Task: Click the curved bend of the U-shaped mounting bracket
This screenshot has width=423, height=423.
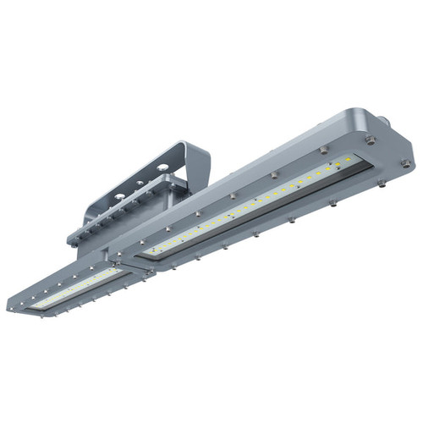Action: [198, 155]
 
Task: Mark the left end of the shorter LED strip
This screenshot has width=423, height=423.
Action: [34, 302]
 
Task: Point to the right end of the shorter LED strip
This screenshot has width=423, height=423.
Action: [118, 268]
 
